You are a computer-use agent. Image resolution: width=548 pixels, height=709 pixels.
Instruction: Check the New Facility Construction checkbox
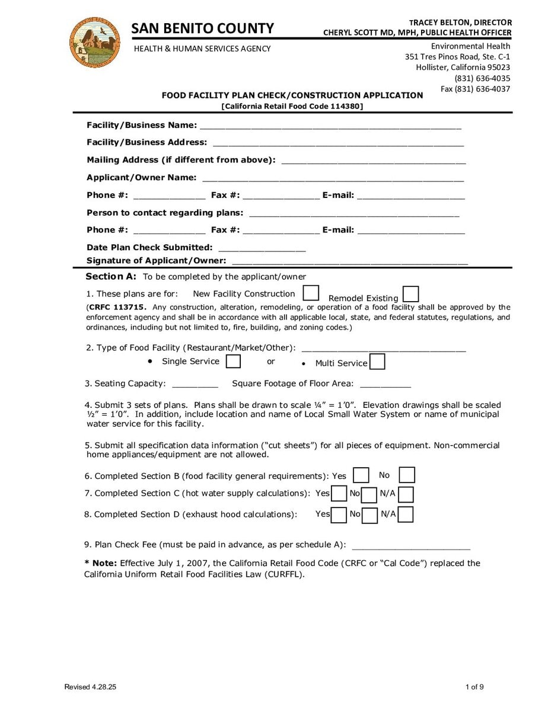tap(311, 293)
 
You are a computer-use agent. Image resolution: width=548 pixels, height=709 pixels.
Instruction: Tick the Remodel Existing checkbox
tap(410, 295)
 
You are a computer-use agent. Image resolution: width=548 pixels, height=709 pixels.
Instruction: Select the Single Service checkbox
tap(234, 361)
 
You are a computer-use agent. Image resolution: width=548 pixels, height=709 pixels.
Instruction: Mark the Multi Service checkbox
tap(377, 362)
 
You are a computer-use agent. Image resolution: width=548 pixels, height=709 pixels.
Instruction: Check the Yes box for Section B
tap(361, 475)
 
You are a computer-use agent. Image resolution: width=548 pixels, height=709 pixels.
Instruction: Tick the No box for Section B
tap(407, 475)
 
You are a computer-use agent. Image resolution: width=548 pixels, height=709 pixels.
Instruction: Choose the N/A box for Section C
tap(406, 494)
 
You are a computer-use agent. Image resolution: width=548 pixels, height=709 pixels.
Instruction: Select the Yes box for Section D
tap(339, 515)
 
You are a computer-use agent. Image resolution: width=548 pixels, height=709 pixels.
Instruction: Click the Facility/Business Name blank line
tap(330, 126)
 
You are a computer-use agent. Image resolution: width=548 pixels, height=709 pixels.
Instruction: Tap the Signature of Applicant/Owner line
tap(350, 261)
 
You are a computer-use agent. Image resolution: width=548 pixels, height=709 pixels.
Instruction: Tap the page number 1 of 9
tap(474, 687)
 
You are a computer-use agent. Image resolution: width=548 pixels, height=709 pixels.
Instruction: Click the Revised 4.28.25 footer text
tap(90, 687)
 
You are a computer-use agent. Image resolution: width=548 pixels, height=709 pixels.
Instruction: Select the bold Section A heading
tap(111, 276)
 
